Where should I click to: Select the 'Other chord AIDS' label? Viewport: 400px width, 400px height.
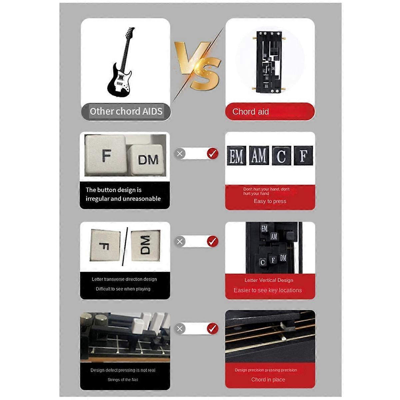tap(126, 111)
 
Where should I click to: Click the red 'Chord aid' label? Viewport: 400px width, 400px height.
tap(251, 112)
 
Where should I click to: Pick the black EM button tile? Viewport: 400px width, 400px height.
tap(236, 156)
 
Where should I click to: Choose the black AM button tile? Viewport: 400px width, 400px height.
tap(259, 156)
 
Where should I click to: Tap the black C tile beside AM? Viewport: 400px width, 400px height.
tap(281, 156)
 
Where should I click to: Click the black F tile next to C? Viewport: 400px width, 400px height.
tap(303, 156)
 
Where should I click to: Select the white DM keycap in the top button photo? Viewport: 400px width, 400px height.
tap(148, 160)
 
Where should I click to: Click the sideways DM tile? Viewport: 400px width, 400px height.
tap(145, 246)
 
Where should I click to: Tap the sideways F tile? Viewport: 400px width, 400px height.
tap(105, 246)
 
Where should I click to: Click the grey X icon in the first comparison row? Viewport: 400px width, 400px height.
tap(180, 154)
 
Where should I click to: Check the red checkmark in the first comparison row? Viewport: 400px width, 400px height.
tap(212, 154)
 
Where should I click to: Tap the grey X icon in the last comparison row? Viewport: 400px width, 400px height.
tap(180, 329)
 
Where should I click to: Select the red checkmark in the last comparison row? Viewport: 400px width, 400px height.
tap(212, 329)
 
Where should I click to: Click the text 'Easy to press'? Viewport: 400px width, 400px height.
tap(270, 201)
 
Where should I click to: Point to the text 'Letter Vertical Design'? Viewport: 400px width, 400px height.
tap(269, 280)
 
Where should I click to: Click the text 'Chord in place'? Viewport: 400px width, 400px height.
tap(268, 380)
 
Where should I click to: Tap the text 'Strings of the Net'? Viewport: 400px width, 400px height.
tap(123, 380)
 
